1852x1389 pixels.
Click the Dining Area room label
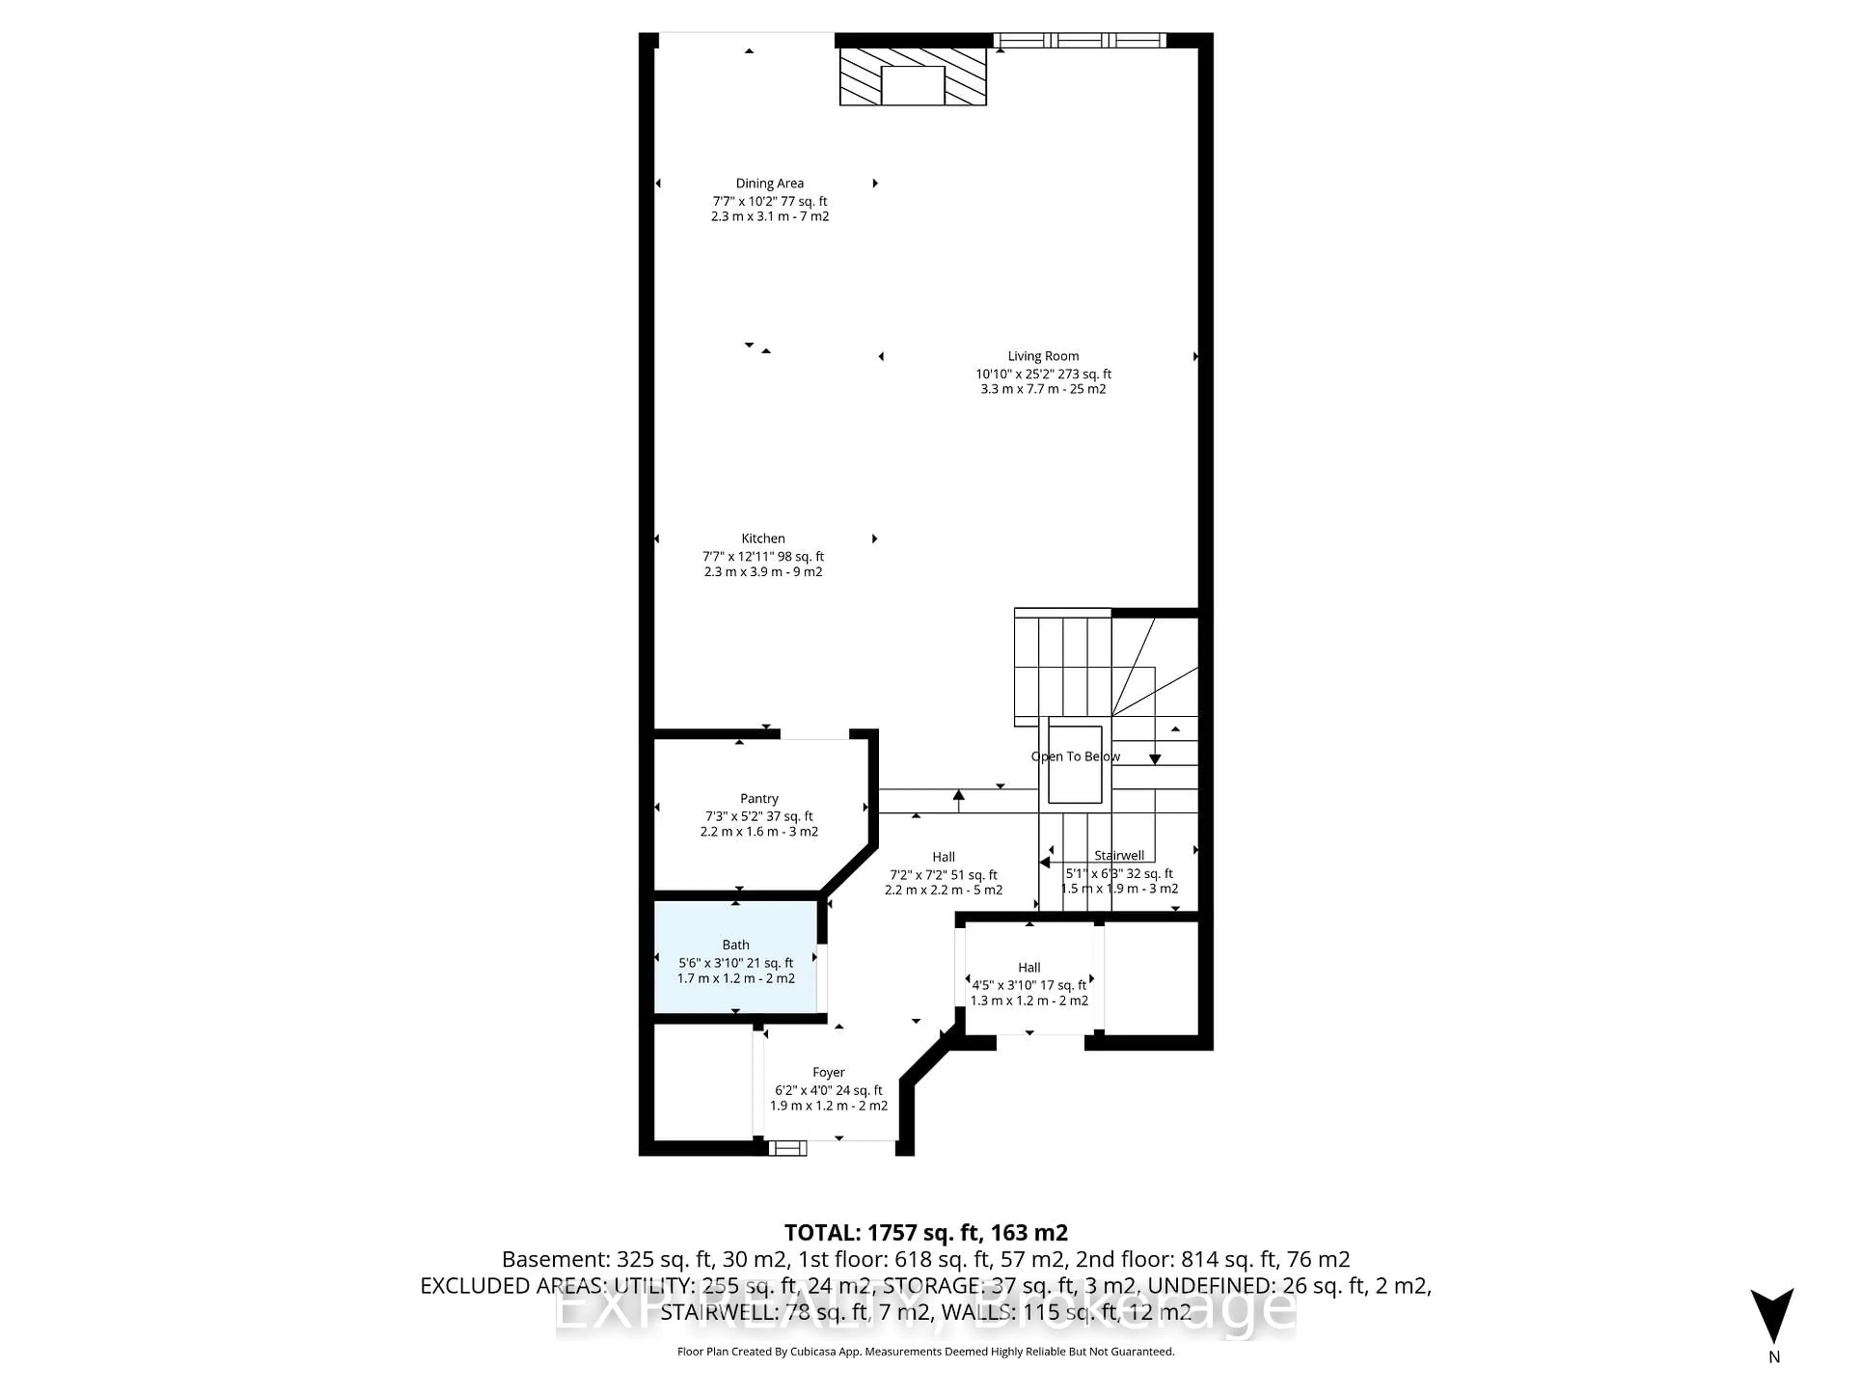click(x=769, y=183)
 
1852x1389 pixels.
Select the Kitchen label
click(x=763, y=538)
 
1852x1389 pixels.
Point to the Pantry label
click(x=759, y=799)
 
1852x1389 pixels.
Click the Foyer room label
click(x=828, y=1073)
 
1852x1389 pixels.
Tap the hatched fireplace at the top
click(x=912, y=75)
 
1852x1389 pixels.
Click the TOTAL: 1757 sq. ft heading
click(x=925, y=1232)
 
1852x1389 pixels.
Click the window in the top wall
click(x=1079, y=40)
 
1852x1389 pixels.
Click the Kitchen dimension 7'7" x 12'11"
click(x=763, y=556)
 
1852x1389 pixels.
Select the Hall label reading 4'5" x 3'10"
click(x=1029, y=985)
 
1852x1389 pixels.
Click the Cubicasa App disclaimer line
click(x=925, y=1351)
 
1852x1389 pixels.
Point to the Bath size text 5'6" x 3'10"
click(x=735, y=963)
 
